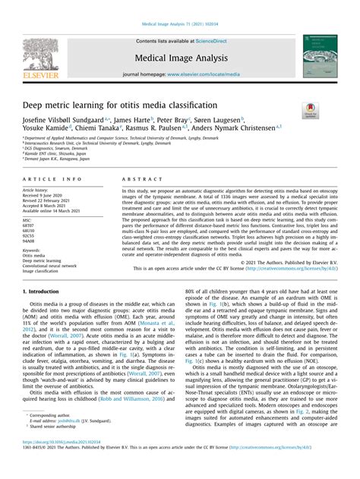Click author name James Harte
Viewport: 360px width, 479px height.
pos(132,119)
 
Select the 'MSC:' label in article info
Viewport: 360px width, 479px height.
pos(30,220)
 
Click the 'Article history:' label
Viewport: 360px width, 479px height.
pos(39,190)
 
